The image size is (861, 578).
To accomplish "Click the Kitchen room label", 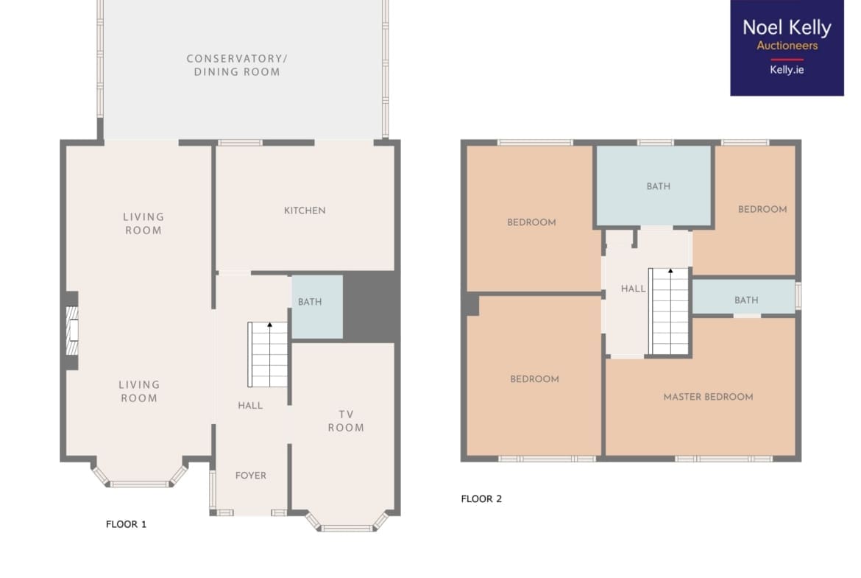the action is [x=305, y=211].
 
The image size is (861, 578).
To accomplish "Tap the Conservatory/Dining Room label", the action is [x=237, y=65].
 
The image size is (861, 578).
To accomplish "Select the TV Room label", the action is [x=346, y=421].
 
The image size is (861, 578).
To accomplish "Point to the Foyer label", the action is [x=251, y=475].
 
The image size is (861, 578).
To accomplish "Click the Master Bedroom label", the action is [x=709, y=397].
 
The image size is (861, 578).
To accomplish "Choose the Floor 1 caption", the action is [x=127, y=524].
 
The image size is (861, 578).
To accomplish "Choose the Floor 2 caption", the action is [x=481, y=499].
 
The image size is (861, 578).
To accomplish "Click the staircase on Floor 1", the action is [x=268, y=354].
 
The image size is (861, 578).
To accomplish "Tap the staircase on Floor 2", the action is [x=669, y=311].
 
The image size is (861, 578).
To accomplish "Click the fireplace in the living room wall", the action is [x=72, y=331].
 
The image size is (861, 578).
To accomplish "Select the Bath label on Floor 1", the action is [x=310, y=302].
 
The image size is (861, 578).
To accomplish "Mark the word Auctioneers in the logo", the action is [x=787, y=46].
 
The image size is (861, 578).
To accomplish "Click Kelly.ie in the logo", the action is [x=787, y=70].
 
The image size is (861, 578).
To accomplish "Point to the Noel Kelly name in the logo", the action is [x=787, y=27].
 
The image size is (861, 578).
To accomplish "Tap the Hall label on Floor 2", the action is [x=633, y=289].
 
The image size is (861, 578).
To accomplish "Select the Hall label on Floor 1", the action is [x=250, y=406].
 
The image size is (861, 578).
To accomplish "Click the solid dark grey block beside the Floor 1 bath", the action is [x=371, y=306].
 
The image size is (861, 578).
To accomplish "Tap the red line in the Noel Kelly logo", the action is [x=787, y=60].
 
